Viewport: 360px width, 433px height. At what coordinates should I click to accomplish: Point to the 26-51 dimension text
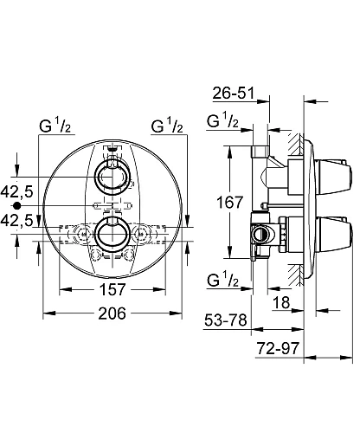coord(235,94)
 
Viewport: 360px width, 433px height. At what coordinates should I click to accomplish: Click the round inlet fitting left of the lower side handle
coord(260,234)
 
